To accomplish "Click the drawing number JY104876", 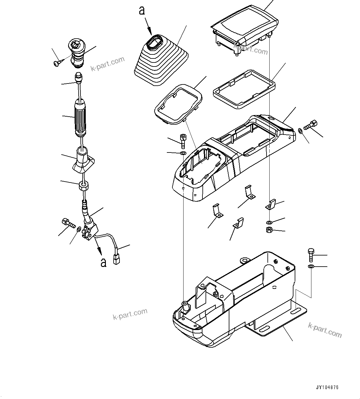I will [x=327, y=387].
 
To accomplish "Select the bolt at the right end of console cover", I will [x=310, y=125].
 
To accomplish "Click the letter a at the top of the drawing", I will [x=142, y=11].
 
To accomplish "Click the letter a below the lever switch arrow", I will [x=103, y=262].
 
